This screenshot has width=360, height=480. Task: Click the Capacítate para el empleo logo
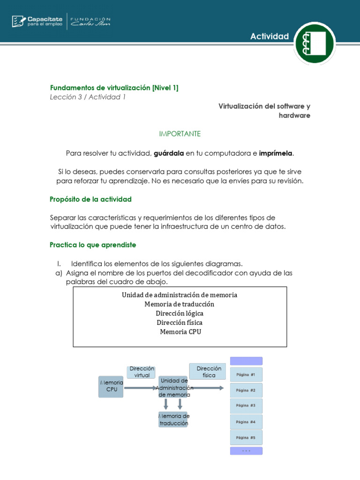coord(37,21)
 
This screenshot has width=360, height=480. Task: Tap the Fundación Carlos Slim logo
coord(90,21)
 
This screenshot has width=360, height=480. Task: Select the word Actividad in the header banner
coord(270,37)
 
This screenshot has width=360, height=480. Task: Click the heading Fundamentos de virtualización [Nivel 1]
coord(114,88)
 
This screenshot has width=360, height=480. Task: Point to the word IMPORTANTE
coord(180,134)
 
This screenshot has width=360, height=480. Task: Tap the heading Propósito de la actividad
coord(90,199)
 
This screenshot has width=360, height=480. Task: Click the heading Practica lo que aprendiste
coord(93,245)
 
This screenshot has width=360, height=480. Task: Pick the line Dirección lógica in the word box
coord(180,313)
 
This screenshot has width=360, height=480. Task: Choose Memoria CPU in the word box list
coord(180,331)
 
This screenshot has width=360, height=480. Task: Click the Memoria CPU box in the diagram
coord(111,387)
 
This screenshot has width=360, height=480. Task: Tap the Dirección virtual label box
coord(142,372)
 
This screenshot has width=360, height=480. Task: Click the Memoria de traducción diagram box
coord(173,420)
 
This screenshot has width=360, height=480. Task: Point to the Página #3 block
coord(246,405)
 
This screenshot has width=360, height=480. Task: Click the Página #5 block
coord(246,437)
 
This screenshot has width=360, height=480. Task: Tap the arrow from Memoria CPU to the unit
coord(141,388)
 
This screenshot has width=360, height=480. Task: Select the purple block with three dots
coord(246,451)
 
